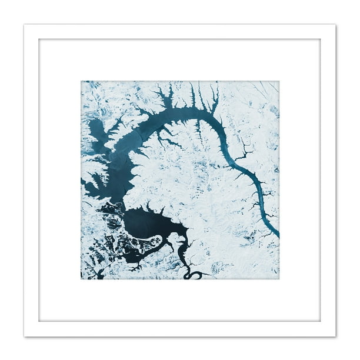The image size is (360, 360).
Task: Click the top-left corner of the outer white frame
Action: (24, 24)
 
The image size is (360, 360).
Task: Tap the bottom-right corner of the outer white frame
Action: (336, 336)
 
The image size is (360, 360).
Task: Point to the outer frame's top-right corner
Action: (336, 24)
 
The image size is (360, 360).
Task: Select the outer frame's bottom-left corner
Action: (24, 336)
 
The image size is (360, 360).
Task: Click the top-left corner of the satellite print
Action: (81, 81)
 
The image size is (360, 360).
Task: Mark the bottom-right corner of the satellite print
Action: (279, 279)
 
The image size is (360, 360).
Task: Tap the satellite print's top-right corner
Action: (279, 81)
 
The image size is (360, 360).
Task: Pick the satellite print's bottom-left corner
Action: (81, 279)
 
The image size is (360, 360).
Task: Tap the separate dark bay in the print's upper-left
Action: (96, 128)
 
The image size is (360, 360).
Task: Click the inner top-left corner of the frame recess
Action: (39, 39)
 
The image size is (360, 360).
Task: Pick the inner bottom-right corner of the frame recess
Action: (321, 321)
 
